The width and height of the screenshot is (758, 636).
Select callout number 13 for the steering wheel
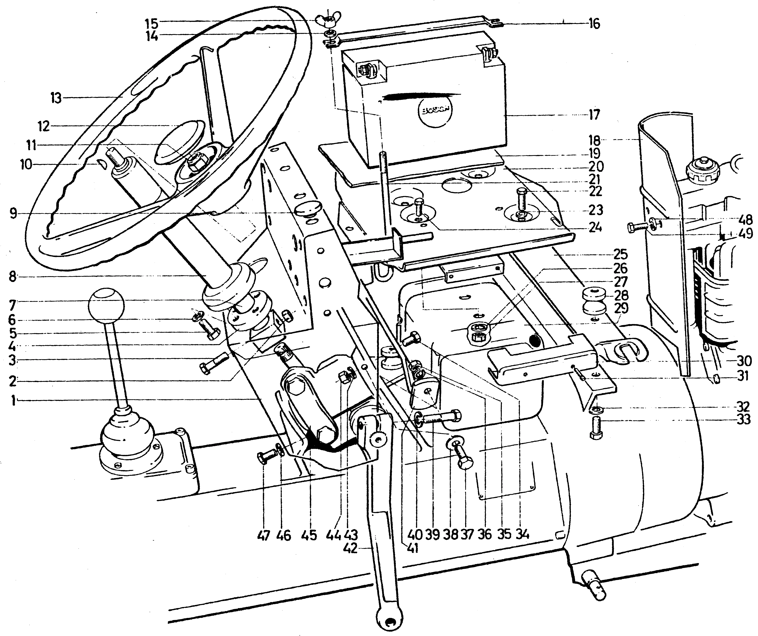56,98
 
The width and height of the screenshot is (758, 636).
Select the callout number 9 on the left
13,214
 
